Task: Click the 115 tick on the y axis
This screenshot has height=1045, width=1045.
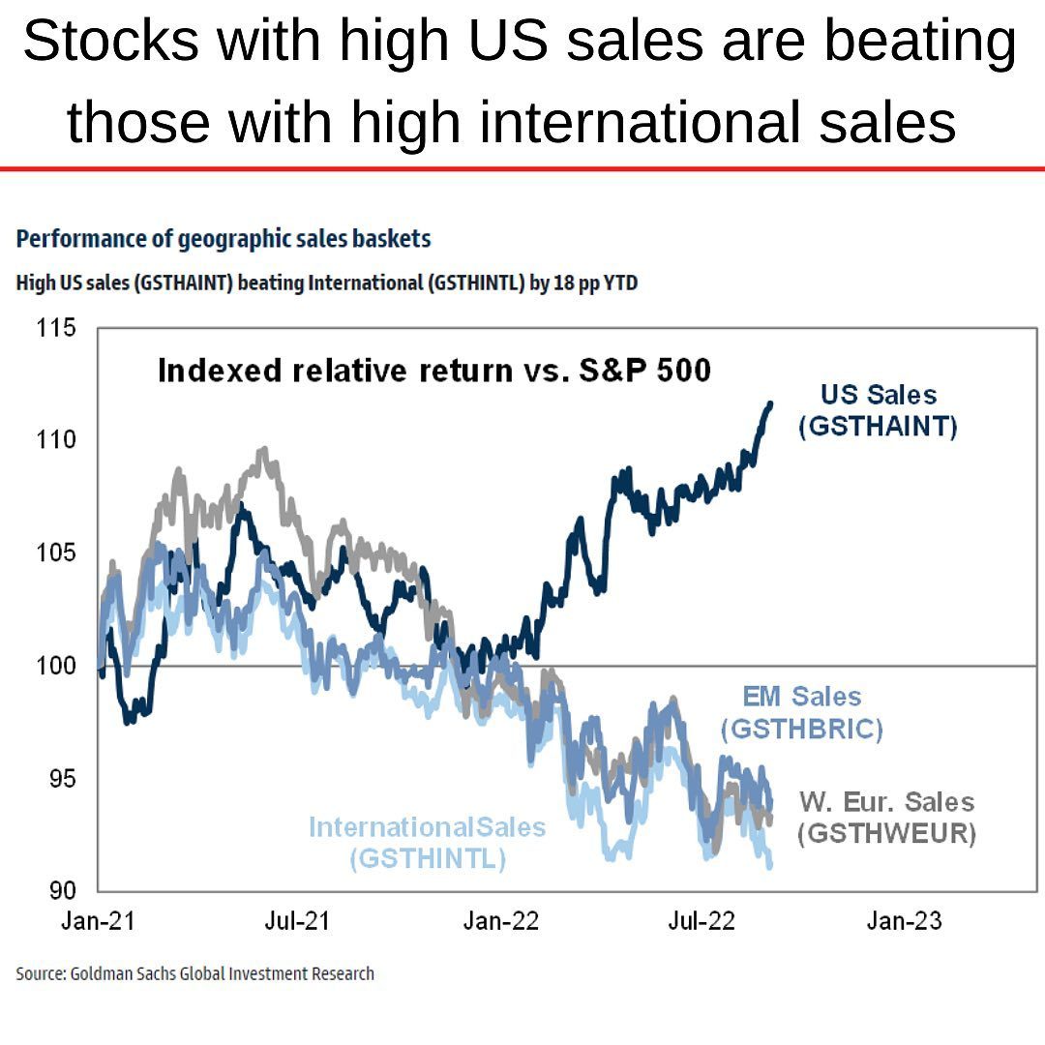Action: pos(56,328)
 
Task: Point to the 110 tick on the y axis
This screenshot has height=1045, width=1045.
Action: pos(56,440)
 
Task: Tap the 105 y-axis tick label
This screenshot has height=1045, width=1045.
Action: pos(56,553)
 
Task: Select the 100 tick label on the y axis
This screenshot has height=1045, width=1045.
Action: pos(56,666)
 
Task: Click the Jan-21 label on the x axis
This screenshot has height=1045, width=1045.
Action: pos(98,921)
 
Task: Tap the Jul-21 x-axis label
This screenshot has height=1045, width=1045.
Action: pos(297,921)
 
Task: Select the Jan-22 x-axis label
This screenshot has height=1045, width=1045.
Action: pos(500,921)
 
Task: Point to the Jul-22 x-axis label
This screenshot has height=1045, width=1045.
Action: pos(702,921)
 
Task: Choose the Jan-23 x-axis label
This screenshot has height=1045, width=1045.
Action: pos(904,921)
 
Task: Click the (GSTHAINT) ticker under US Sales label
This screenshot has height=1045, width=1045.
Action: pos(878,427)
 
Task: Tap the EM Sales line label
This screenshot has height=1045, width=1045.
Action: pos(801,697)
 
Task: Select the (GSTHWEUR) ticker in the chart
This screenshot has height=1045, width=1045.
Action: pos(886,833)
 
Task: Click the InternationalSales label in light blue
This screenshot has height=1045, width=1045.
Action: pos(427,828)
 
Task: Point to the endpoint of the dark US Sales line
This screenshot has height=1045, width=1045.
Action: pos(770,403)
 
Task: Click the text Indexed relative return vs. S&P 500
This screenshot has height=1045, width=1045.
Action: pos(433,371)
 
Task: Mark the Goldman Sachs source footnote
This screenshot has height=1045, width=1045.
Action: pos(194,973)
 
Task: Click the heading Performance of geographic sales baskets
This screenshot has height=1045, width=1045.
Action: pos(224,238)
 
